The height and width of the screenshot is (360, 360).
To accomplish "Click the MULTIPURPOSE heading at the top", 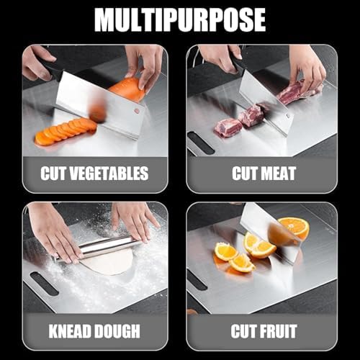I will (180, 19).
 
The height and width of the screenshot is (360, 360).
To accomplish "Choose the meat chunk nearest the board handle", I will (228, 127).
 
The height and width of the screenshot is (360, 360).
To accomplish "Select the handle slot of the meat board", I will (201, 143).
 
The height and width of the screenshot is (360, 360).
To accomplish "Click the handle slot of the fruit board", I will (197, 279).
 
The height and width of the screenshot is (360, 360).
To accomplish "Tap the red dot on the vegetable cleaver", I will (135, 112).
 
